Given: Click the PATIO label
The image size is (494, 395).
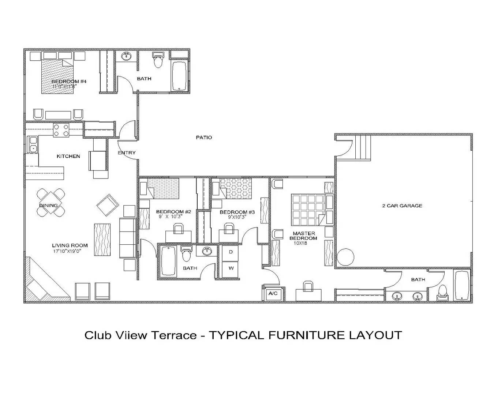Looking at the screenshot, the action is [x=204, y=138].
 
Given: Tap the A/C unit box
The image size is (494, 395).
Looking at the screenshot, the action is [x=273, y=293].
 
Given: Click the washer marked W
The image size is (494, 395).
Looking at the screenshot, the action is [x=231, y=268].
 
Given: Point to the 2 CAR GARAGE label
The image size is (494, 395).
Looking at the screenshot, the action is [x=402, y=206].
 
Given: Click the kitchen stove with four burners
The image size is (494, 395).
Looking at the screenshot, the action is [x=61, y=130].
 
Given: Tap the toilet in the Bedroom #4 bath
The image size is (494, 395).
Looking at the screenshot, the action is [x=158, y=60].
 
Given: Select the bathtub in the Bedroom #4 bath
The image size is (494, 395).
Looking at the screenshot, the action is [x=180, y=76].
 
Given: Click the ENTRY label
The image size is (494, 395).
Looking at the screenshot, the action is [x=127, y=153].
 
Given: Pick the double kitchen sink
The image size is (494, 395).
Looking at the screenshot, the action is [x=33, y=144].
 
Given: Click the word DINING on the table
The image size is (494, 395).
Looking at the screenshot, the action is [x=48, y=206].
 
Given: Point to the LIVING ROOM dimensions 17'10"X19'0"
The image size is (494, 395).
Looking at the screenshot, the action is [x=67, y=251].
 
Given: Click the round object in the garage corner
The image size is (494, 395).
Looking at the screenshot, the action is [x=346, y=257].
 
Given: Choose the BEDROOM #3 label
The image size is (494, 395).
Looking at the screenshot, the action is [x=237, y=212].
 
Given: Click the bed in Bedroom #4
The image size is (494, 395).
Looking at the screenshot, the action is [x=57, y=76].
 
